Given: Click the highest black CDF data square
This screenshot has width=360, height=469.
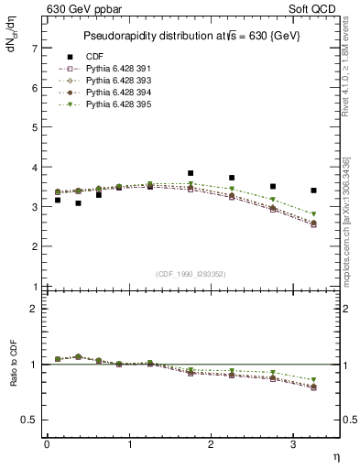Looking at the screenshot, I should (x=191, y=173).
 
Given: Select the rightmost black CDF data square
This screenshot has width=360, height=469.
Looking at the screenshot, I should (x=314, y=191).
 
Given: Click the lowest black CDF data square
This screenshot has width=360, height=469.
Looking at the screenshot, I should (x=78, y=203).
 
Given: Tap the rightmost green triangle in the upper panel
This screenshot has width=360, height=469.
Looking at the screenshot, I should (x=314, y=214).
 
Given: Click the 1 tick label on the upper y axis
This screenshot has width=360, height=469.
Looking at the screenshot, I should (x=34, y=287).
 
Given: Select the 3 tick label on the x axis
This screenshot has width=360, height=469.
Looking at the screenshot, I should (x=293, y=443).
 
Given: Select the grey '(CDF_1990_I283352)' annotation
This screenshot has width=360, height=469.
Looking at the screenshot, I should (x=191, y=273).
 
